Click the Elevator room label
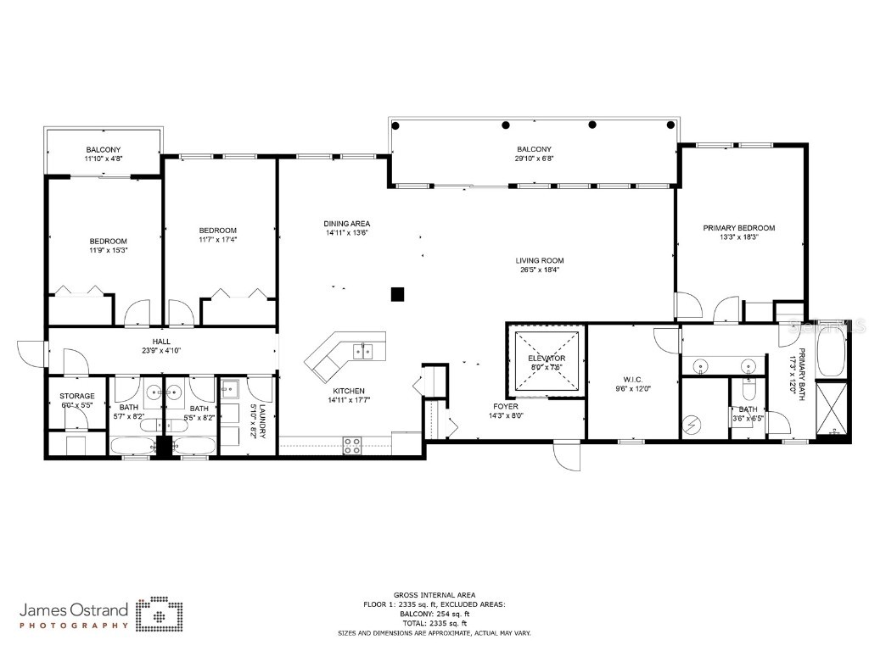pyautogui.click(x=547, y=359)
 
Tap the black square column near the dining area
pyautogui.click(x=396, y=294)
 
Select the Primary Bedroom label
pyautogui.click(x=738, y=228)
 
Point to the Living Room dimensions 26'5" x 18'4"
pyautogui.click(x=539, y=270)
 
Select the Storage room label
pyautogui.click(x=76, y=396)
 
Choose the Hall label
pyautogui.click(x=161, y=341)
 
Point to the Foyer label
pyautogui.click(x=506, y=407)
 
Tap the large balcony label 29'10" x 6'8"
pyautogui.click(x=534, y=149)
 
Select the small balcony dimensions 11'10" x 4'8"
pyautogui.click(x=103, y=159)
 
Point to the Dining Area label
pyautogui.click(x=346, y=224)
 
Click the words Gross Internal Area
pyautogui.click(x=422, y=595)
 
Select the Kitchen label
pyautogui.click(x=348, y=391)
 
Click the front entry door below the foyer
pyautogui.click(x=566, y=458)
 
